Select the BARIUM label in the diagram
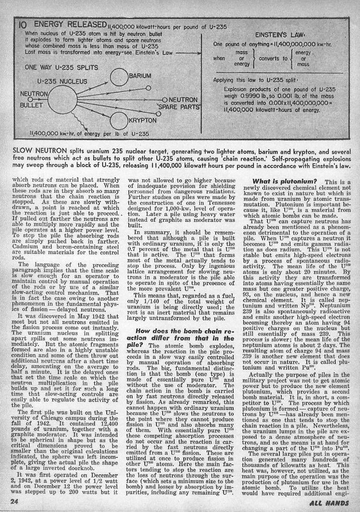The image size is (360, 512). tap(139, 76)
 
